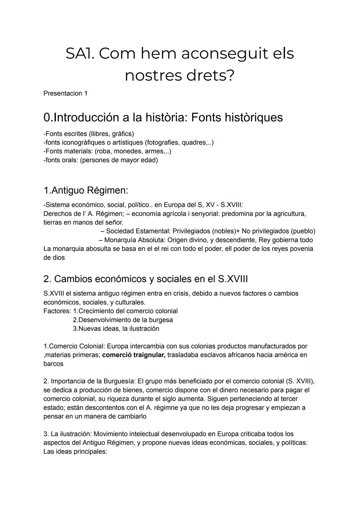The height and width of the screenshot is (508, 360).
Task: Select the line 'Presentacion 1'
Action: coord(65,93)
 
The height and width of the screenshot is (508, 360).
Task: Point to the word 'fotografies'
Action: coord(162,143)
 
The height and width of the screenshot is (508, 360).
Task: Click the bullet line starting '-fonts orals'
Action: coord(100,160)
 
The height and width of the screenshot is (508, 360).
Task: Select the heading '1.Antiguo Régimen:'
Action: coord(86,191)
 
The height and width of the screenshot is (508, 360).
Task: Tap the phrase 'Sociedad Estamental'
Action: coord(138,231)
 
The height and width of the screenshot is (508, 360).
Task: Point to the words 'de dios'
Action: coord(54,257)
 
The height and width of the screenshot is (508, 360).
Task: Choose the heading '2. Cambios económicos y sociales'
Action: coord(145,279)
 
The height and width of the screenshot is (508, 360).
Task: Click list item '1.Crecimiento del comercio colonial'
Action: coord(125,311)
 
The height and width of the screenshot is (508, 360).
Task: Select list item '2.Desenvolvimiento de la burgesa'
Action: coord(123,320)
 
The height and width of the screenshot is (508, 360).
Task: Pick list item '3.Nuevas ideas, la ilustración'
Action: coord(116,328)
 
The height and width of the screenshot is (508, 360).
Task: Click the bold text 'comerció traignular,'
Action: coord(134,355)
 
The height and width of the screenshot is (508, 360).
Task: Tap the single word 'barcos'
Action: coord(53,364)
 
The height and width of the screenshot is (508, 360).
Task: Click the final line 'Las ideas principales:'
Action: coord(75,452)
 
